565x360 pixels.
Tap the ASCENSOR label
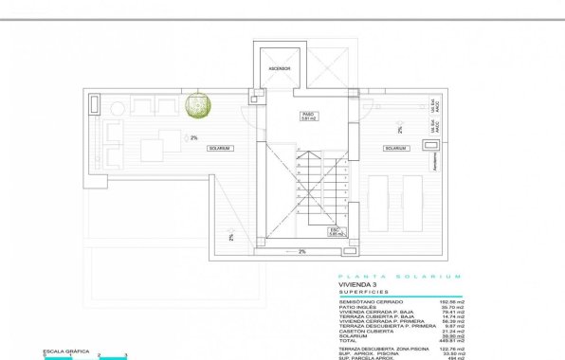(x=278, y=69)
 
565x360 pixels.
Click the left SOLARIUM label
(x=219, y=149)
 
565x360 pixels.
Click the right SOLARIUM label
(x=395, y=149)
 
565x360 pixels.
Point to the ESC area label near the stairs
(x=334, y=230)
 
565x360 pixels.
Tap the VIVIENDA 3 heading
(x=357, y=283)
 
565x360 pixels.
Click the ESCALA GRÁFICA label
(x=60, y=351)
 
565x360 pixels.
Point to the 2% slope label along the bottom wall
(x=301, y=251)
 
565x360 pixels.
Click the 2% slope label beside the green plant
(x=193, y=137)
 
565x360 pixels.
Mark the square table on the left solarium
(x=152, y=149)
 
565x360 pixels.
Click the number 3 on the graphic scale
(x=126, y=354)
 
